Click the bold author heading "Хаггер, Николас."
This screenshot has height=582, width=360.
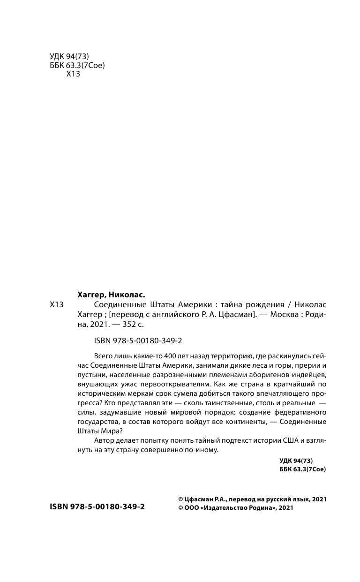[111, 295]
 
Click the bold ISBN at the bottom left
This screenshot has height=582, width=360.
[97, 507]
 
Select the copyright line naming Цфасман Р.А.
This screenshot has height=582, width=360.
[249, 499]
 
